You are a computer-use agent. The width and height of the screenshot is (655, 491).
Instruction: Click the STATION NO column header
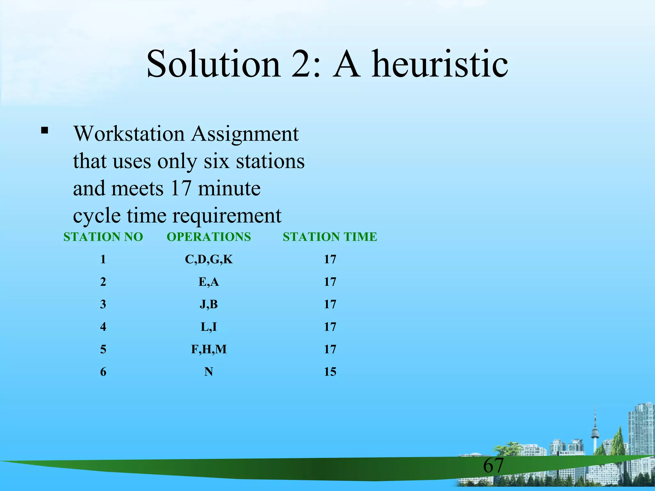(103, 237)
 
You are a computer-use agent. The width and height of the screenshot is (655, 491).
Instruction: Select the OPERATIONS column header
(209, 237)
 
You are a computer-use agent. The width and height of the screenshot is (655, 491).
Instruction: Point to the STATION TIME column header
(330, 237)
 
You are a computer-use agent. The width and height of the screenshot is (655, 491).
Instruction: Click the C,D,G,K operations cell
(209, 259)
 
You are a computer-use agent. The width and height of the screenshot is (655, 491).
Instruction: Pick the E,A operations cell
(209, 282)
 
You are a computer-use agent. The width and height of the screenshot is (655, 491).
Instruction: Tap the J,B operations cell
(209, 304)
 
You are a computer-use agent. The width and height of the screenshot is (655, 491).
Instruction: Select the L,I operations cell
(209, 327)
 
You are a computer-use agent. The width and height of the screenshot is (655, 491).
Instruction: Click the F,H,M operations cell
(209, 349)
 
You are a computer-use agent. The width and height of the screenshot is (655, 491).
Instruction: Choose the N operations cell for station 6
(209, 372)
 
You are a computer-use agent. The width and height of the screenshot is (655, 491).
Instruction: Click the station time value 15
(330, 372)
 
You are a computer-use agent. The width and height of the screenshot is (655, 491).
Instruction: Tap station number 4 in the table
(103, 327)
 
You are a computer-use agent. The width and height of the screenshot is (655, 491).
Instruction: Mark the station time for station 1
(330, 259)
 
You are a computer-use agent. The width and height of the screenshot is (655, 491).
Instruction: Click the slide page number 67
(493, 465)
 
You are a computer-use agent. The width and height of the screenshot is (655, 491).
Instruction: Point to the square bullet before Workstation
(44, 130)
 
